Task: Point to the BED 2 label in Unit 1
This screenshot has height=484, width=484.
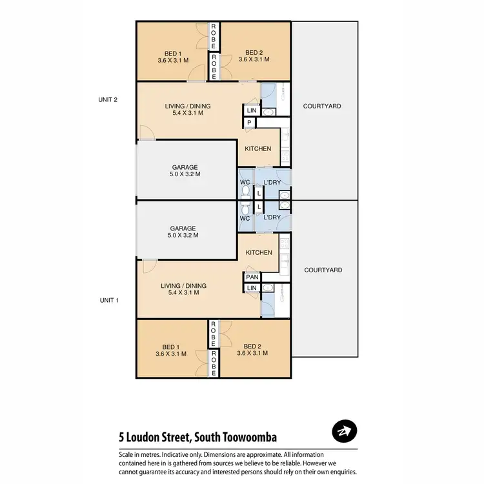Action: [252, 349]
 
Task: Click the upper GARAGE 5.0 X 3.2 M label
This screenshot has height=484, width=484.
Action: [185, 170]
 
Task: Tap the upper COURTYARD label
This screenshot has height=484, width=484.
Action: [322, 106]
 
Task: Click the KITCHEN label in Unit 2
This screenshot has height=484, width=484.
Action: [258, 149]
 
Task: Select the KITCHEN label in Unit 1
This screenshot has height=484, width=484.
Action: [258, 252]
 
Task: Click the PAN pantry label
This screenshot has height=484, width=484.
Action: [251, 277]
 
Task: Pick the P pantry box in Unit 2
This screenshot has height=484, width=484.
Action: [248, 123]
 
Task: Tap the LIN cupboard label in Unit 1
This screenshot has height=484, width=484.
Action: [251, 288]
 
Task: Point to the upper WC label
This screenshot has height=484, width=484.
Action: [245, 183]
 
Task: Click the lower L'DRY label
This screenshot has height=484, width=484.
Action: [272, 217]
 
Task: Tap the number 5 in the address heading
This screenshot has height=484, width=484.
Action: [122, 438]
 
